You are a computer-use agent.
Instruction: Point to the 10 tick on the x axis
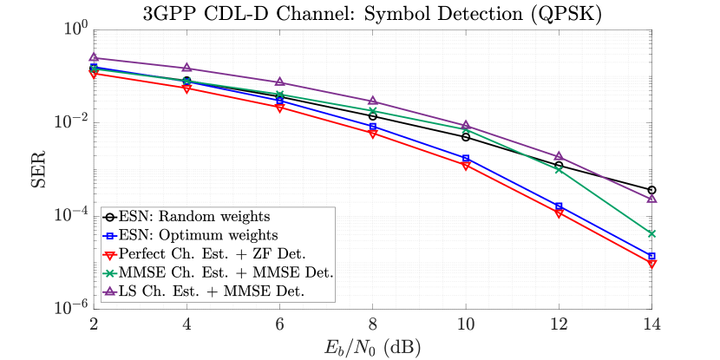[x=466, y=323]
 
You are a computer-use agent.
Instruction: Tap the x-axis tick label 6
[x=279, y=323]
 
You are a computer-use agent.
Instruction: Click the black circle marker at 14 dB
[x=651, y=190]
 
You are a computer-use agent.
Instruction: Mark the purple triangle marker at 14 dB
[x=651, y=199]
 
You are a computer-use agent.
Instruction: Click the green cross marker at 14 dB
[x=651, y=233]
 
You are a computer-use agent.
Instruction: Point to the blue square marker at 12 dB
[x=559, y=206]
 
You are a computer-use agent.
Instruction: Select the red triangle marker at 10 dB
[x=466, y=166]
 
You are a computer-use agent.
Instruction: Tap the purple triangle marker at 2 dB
[x=94, y=57]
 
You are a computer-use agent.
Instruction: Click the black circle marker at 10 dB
[x=466, y=137]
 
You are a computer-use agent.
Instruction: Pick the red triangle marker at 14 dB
[x=651, y=264]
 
